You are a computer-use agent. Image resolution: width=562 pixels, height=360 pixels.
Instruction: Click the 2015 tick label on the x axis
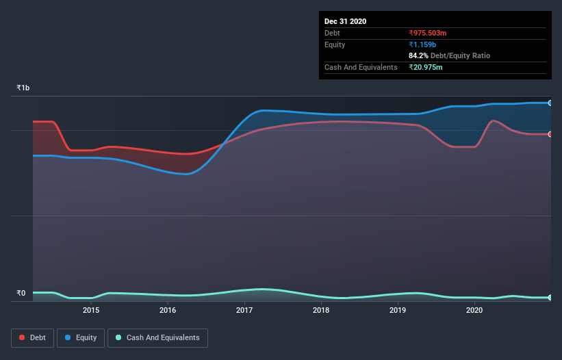tap(91, 310)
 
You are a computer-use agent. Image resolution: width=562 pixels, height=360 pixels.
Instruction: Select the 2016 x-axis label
tap(168, 310)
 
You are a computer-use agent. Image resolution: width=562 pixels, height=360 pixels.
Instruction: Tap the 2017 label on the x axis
tap(244, 310)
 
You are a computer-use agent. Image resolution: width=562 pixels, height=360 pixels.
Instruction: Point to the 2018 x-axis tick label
tap(322, 310)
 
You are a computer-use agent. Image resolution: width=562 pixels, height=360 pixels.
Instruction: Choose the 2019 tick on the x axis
tap(398, 310)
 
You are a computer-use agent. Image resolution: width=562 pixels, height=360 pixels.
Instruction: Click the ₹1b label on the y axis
tap(23, 88)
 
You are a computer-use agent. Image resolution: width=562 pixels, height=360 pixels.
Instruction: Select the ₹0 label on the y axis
tap(21, 294)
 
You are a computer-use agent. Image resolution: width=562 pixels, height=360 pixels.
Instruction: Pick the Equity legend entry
tap(81, 337)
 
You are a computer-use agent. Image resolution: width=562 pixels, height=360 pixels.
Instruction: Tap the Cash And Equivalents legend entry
tap(157, 337)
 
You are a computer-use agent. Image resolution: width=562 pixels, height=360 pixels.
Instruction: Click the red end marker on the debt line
tap(550, 134)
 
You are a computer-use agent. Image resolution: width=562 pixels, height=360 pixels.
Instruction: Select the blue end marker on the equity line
tap(550, 103)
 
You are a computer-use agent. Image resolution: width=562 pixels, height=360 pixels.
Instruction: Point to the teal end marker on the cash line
tap(550, 298)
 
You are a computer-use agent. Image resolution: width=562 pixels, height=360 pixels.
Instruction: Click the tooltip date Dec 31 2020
tap(345, 21)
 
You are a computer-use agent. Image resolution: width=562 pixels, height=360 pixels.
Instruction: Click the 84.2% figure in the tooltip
tap(418, 55)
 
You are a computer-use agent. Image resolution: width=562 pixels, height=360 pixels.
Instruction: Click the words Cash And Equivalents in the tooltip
tap(361, 67)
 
